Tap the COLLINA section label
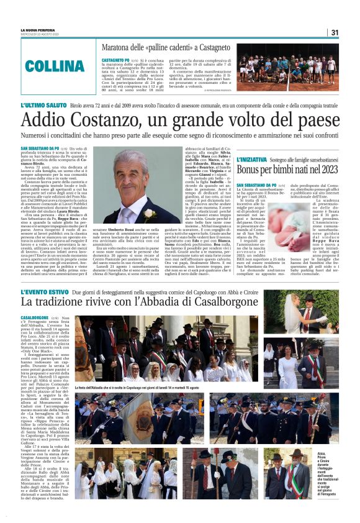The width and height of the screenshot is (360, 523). pos(50,66)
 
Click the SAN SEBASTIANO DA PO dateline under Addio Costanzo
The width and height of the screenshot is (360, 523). pos(43,150)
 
